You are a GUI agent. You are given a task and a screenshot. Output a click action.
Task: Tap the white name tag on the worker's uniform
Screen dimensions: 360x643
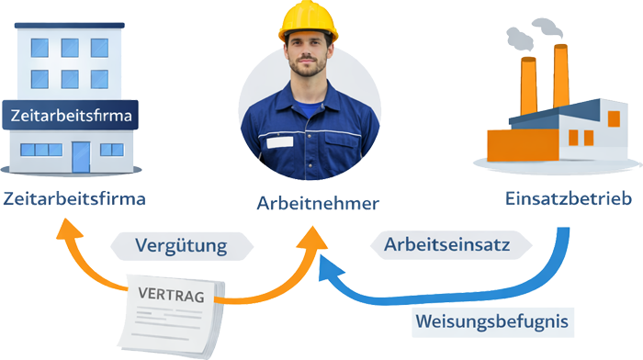click(279, 141)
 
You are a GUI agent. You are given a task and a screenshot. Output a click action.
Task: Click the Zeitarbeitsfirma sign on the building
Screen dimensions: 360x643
click(72, 117)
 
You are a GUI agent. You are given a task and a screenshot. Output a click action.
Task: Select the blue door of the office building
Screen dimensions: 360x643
click(82, 156)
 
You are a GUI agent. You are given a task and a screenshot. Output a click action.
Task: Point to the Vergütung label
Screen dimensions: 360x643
click(181, 245)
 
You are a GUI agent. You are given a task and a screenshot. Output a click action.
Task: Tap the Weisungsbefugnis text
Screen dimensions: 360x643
click(491, 321)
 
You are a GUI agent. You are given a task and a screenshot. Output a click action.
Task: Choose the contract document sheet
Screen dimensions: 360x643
click(171, 317)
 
